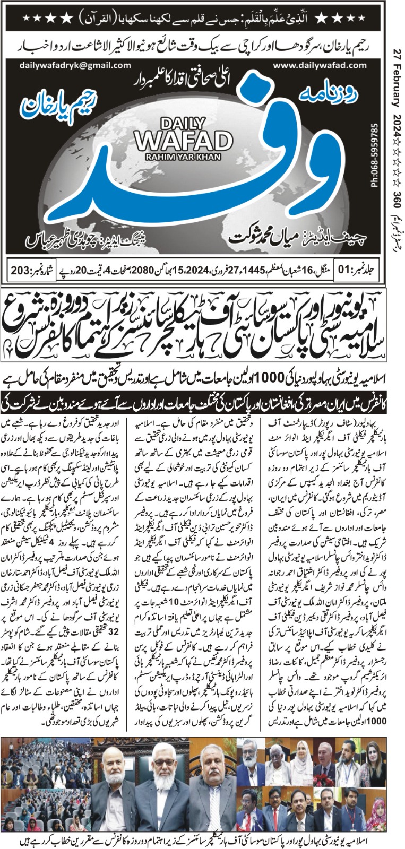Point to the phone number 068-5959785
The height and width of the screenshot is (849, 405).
click(x=375, y=154)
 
